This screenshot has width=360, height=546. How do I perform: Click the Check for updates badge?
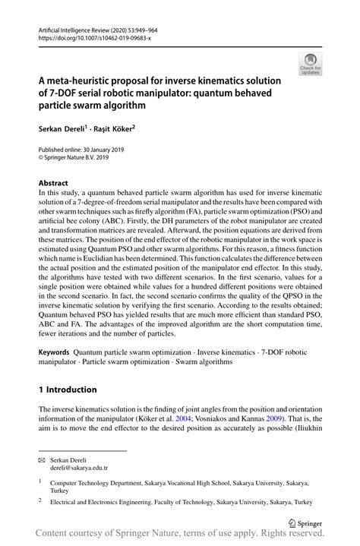(309, 65)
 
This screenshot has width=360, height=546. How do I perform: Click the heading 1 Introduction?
(68, 390)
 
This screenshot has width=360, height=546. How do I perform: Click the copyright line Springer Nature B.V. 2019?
(77, 159)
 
